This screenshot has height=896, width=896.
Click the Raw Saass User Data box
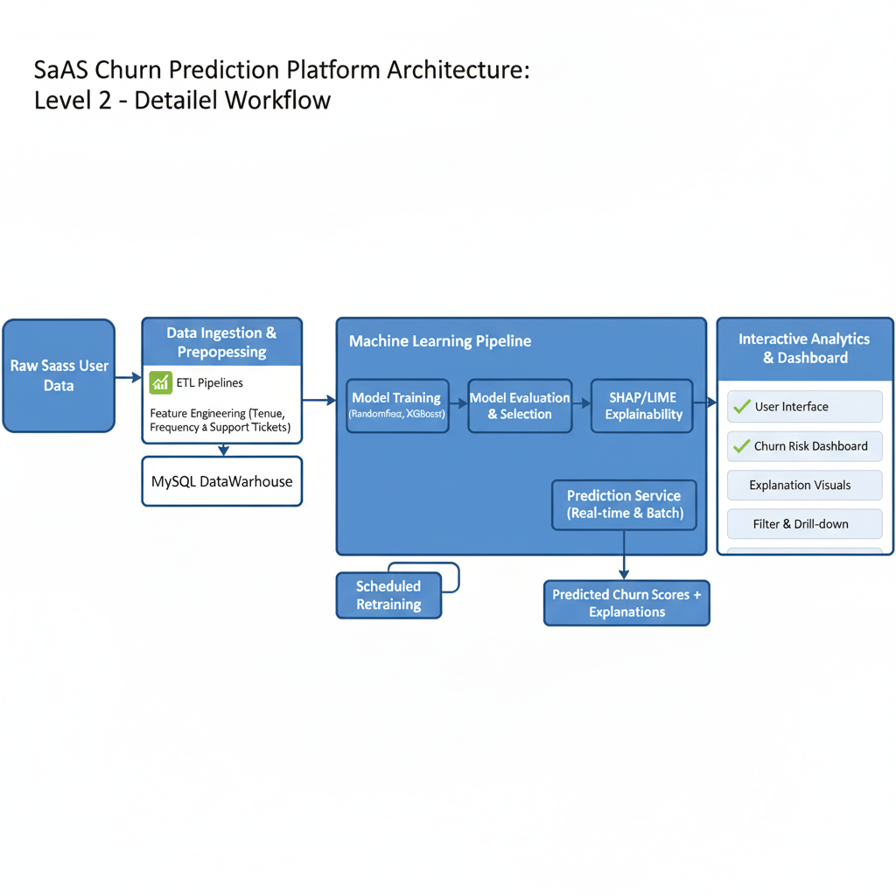click(x=59, y=375)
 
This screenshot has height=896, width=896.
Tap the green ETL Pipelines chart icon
click(x=161, y=382)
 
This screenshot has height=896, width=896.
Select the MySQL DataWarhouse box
click(x=221, y=481)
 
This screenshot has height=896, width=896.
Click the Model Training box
click(x=397, y=406)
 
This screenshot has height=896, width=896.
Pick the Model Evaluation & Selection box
click(x=520, y=406)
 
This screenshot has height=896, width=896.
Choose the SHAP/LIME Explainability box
click(x=642, y=406)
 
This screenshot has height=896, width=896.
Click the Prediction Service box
click(x=624, y=505)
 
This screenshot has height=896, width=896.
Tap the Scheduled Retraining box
click(x=388, y=595)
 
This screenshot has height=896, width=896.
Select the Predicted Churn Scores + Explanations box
click(x=626, y=603)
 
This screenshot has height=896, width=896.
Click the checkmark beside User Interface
click(x=742, y=406)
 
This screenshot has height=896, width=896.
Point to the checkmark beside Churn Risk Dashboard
click(x=742, y=445)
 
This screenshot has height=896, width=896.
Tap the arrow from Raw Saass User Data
click(x=128, y=377)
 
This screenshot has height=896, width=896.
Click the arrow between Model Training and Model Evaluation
click(x=458, y=403)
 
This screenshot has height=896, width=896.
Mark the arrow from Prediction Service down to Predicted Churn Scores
click(x=624, y=555)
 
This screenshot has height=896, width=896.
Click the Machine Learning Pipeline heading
click(x=440, y=341)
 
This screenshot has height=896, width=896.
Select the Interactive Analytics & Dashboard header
click(x=805, y=349)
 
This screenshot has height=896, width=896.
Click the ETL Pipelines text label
click(x=210, y=383)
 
